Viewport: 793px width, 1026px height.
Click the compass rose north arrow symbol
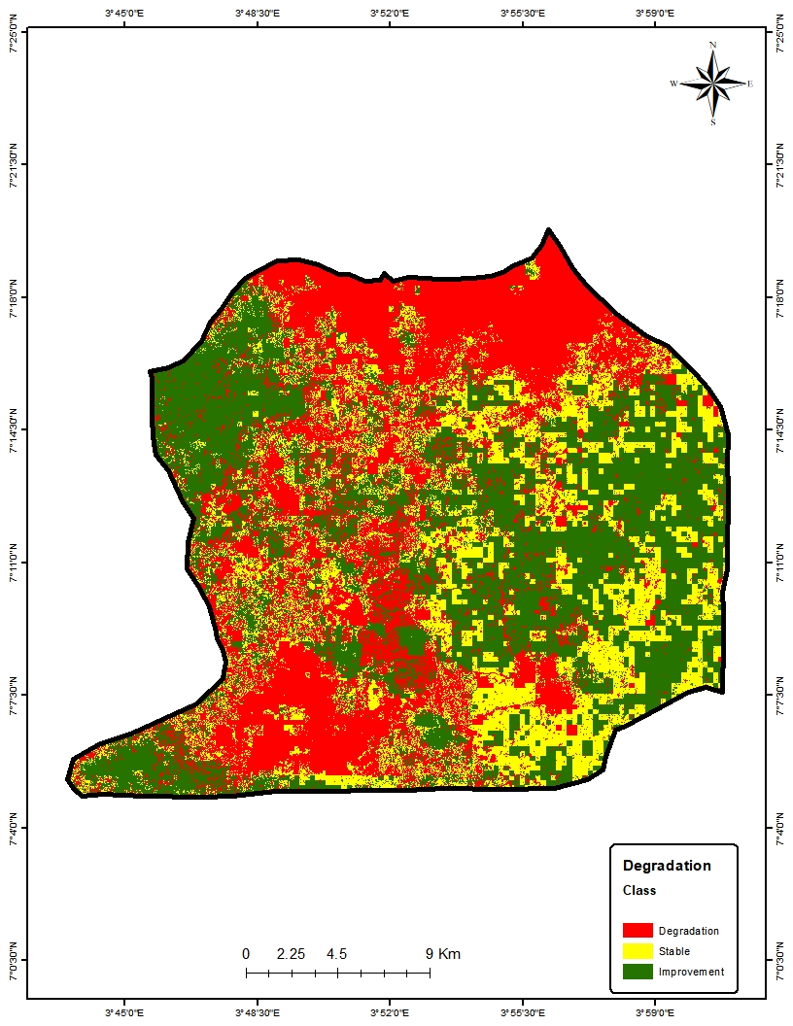click(x=713, y=84)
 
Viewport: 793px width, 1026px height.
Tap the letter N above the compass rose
click(x=713, y=45)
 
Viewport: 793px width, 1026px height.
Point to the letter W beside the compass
click(x=672, y=85)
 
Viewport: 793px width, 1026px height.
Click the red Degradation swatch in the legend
click(x=637, y=931)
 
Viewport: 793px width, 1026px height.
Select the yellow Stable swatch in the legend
click(x=637, y=951)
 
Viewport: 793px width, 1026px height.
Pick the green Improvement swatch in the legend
click(x=637, y=972)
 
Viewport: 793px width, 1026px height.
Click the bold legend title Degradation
click(x=667, y=866)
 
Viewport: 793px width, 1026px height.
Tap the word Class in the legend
click(x=639, y=890)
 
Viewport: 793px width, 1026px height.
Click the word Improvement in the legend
click(x=691, y=972)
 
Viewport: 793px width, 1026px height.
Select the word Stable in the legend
click(x=673, y=951)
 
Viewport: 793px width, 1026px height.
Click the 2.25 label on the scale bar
click(x=292, y=954)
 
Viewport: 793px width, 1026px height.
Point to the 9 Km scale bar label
click(x=443, y=954)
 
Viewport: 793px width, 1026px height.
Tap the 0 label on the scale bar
click(x=246, y=954)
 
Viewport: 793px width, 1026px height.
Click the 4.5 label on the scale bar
click(x=337, y=954)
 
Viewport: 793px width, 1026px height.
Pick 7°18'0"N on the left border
click(x=13, y=296)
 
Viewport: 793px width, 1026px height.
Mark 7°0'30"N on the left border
click(x=13, y=960)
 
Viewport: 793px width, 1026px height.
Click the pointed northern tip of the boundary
click(x=549, y=230)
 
